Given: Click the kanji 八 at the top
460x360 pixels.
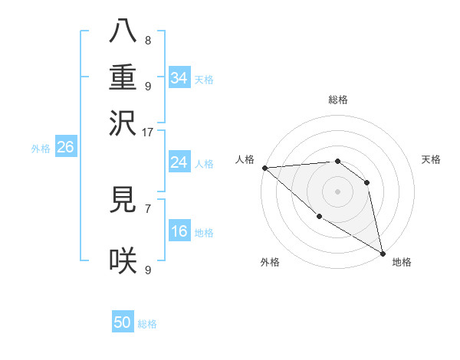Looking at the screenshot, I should (123, 31).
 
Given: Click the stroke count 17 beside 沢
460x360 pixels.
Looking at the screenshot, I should (149, 132).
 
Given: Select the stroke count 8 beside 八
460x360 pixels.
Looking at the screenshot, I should (148, 40).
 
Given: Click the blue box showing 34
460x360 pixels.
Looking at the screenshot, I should (179, 78).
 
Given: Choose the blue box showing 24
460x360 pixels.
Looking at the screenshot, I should (179, 162).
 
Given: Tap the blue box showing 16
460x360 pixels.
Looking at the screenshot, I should (179, 231).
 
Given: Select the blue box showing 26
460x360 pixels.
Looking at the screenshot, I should (65, 148).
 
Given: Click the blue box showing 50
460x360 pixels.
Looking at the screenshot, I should (123, 322).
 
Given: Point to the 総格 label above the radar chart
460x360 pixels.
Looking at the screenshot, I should (338, 100).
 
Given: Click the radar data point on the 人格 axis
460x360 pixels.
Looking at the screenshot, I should (264, 168).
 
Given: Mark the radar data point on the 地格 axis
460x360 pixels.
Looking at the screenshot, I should (383, 253).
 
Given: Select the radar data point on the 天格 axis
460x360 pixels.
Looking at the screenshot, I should (367, 182).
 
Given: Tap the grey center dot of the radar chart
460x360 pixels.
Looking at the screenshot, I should (337, 191).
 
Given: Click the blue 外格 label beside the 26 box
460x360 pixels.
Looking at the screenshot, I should (41, 149).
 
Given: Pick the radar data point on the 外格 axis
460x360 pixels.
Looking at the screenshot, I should (319, 216).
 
